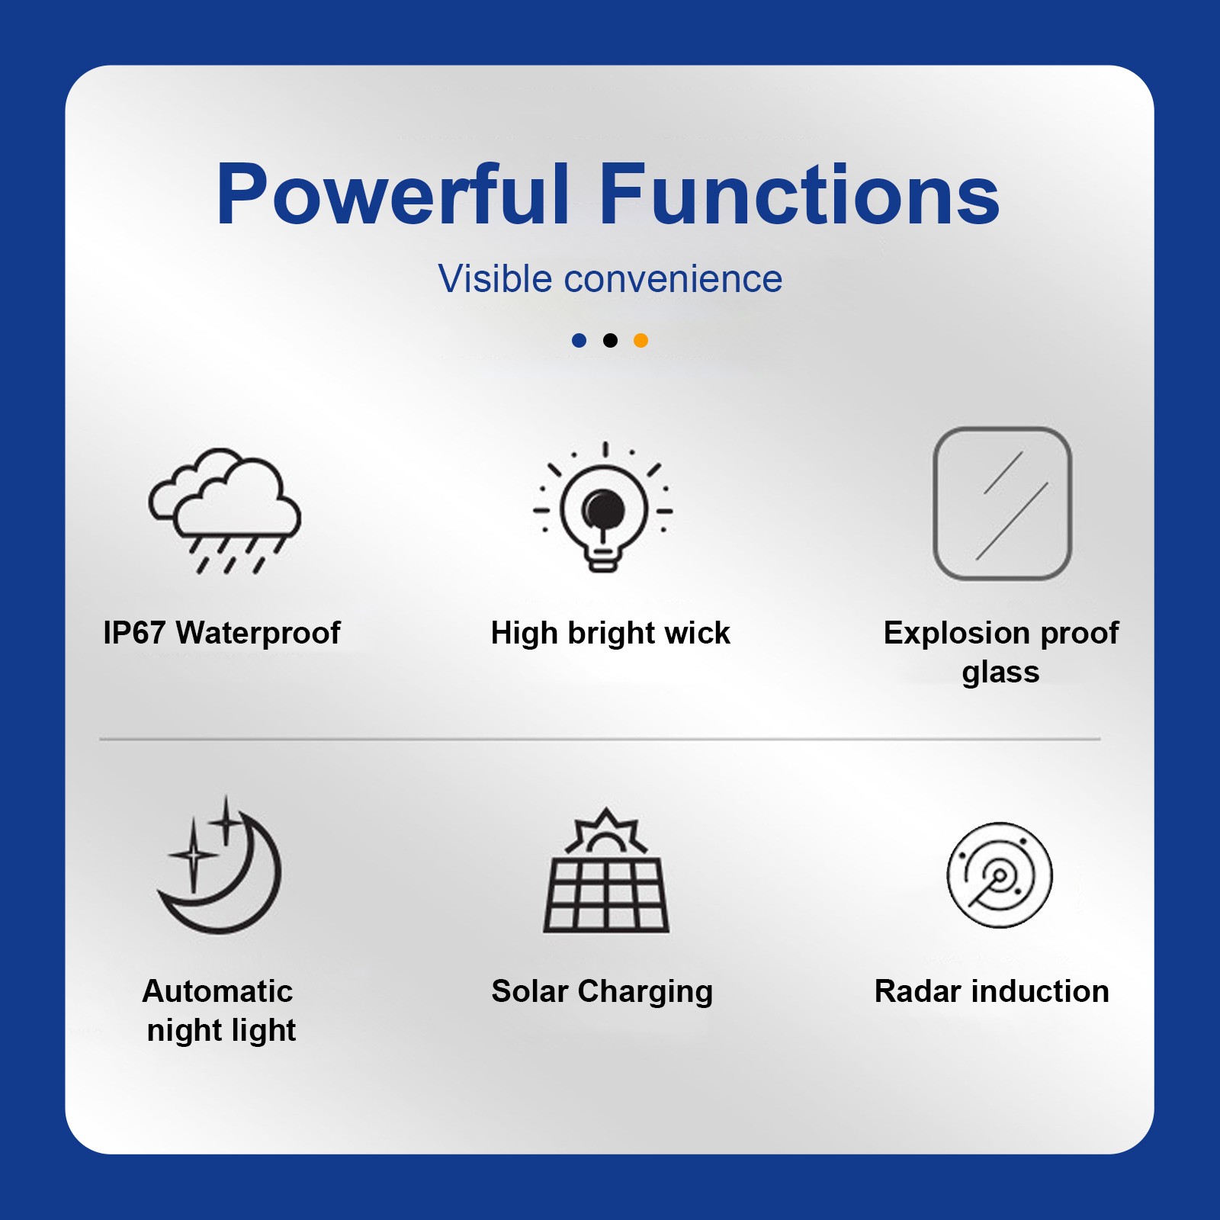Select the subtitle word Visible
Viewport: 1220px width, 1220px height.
pos(495,278)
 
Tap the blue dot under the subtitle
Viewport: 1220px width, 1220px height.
pos(579,340)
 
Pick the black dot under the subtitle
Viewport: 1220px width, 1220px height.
pos(610,340)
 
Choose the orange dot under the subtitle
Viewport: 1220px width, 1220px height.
pos(641,340)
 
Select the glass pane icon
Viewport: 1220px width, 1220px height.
pos(1003,504)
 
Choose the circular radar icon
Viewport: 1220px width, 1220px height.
pos(1000,875)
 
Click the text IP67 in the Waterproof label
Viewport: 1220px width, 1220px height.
pos(134,633)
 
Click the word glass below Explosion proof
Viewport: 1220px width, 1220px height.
pos(1000,673)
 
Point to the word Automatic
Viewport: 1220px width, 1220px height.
pos(217,991)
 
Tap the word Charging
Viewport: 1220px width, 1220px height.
pos(645,992)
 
